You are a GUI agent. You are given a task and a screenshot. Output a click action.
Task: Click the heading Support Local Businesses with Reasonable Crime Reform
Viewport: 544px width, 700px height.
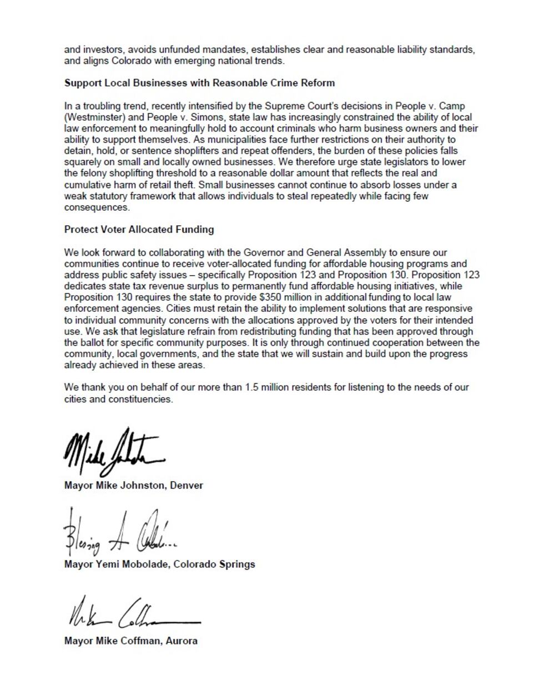pyautogui.click(x=199, y=83)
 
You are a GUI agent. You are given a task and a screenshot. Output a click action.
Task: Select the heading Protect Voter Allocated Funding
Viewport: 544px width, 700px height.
pyautogui.click(x=139, y=230)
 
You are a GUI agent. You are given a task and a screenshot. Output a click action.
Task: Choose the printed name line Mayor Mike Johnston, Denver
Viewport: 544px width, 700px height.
pyautogui.click(x=134, y=485)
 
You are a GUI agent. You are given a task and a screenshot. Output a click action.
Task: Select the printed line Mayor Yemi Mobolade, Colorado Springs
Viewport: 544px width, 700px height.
pyautogui.click(x=159, y=564)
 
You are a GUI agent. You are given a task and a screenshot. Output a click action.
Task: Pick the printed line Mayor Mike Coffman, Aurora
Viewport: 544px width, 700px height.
pyautogui.click(x=131, y=641)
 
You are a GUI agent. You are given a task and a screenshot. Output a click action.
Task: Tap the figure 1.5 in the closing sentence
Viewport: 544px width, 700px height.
pyautogui.click(x=251, y=387)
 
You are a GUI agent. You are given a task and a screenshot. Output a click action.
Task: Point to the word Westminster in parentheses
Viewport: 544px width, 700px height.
pyautogui.click(x=90, y=117)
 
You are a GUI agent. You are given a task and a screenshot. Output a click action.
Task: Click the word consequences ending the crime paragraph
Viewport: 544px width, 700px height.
pyautogui.click(x=97, y=207)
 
